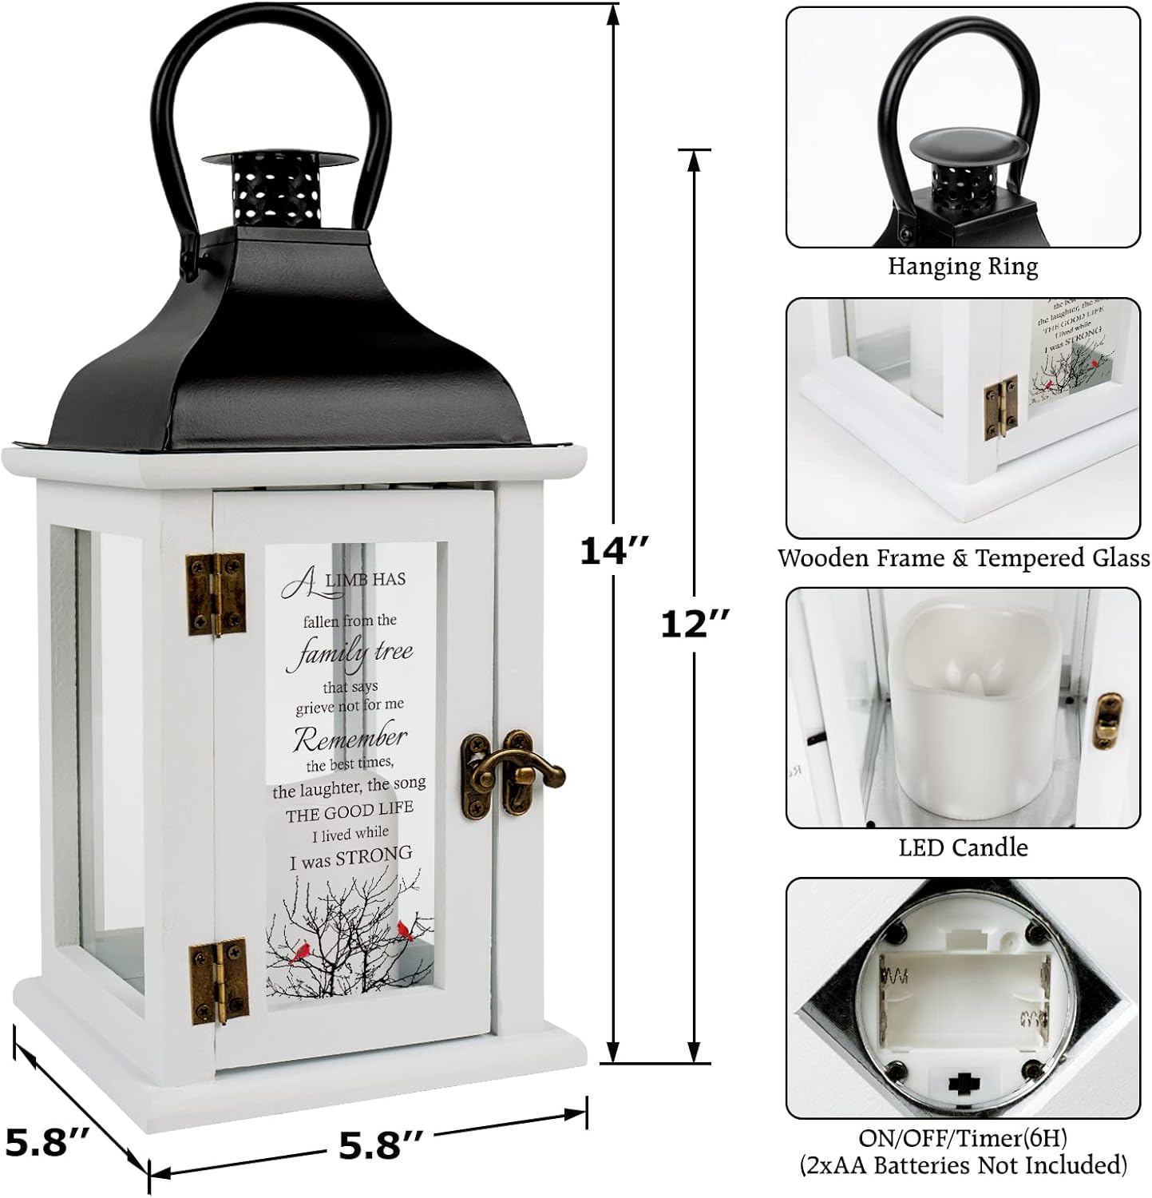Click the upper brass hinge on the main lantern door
point(216,594)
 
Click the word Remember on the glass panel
point(350,739)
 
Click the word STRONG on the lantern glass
point(374,858)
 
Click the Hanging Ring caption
point(963,266)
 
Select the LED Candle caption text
point(963,847)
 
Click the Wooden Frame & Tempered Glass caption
point(963,557)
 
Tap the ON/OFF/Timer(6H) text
point(963,1136)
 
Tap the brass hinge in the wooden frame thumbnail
point(1001,406)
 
